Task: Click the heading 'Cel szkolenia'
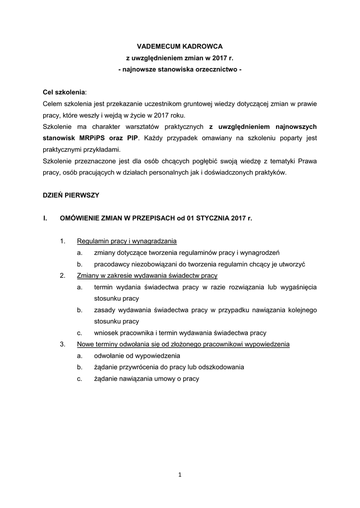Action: click(64, 92)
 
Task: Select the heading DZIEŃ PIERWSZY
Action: click(71, 195)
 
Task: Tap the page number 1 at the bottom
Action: click(180, 475)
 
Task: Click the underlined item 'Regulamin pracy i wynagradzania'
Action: click(127, 242)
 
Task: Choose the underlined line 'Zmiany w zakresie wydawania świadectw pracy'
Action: click(147, 276)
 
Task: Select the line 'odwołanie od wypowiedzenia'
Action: click(137, 356)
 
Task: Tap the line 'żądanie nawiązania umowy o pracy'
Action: click(146, 379)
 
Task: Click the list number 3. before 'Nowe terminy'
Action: click(63, 344)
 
